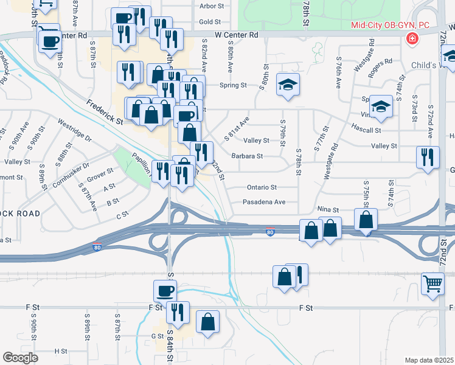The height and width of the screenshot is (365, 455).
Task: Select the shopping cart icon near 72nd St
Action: pyautogui.click(x=432, y=282)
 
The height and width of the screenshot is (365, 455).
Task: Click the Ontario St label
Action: pyautogui.click(x=262, y=187)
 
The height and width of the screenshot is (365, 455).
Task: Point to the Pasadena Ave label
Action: pyautogui.click(x=264, y=202)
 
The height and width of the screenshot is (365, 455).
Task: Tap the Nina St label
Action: pyautogui.click(x=328, y=209)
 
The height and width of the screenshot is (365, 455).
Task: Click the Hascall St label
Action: pyautogui.click(x=366, y=130)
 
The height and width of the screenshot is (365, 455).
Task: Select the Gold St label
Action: pyautogui.click(x=209, y=22)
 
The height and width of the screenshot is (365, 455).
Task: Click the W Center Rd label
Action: pyautogui.click(x=241, y=35)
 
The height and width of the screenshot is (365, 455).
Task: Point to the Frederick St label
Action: pyautogui.click(x=104, y=113)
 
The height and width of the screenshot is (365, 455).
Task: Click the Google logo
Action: pyautogui.click(x=20, y=358)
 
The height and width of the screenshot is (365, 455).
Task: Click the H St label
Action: pyautogui.click(x=61, y=351)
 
